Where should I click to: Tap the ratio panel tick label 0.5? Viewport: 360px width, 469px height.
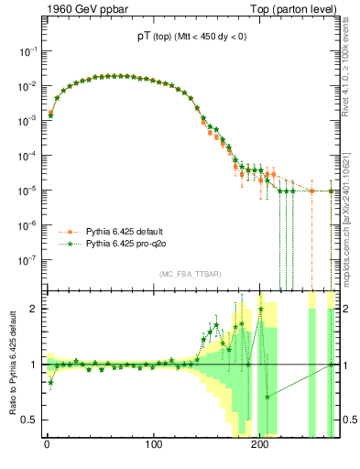[29, 420]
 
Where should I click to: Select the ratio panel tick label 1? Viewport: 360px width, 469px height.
[33, 365]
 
